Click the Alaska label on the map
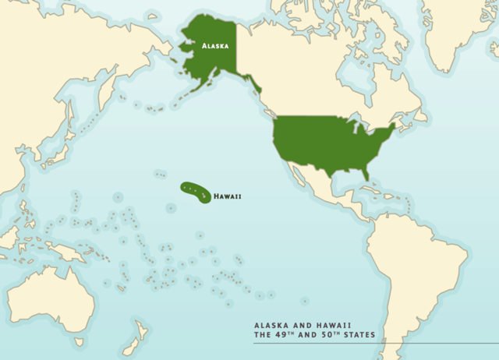click(214, 46)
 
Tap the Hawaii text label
click(227, 196)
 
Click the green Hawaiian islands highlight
click(195, 190)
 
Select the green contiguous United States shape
click(327, 144)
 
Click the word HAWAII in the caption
click(333, 326)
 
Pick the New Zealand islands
click(134, 335)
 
